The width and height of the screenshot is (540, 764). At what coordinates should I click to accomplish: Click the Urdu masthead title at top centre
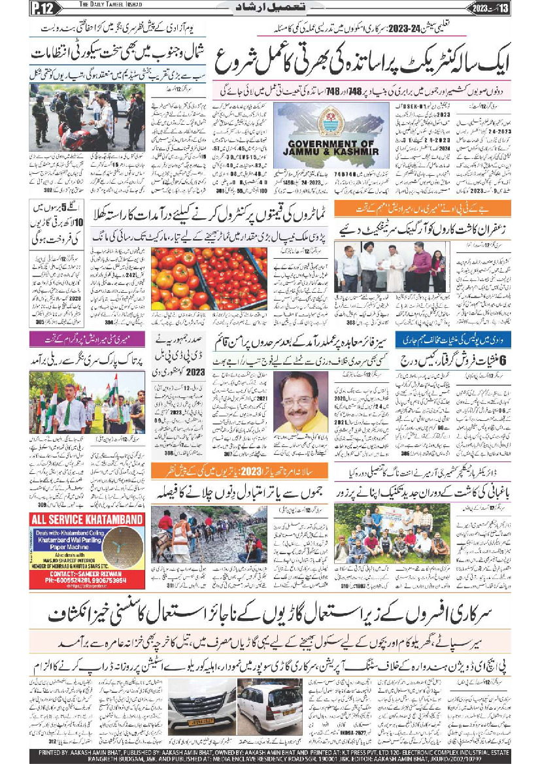(269, 8)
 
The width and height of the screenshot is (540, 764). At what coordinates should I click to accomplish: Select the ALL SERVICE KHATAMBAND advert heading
(87, 521)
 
